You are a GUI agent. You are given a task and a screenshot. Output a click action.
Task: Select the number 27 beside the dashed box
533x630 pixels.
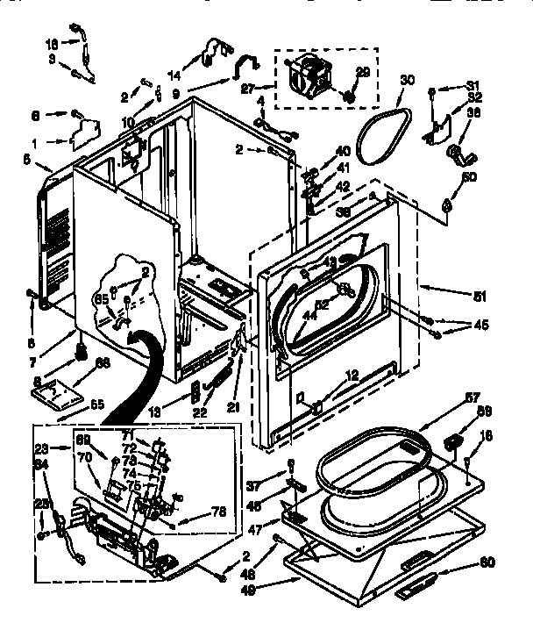click(x=246, y=88)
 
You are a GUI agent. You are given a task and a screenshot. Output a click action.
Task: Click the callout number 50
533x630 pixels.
click(x=469, y=178)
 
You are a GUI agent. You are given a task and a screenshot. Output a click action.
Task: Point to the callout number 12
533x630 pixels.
click(x=352, y=376)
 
